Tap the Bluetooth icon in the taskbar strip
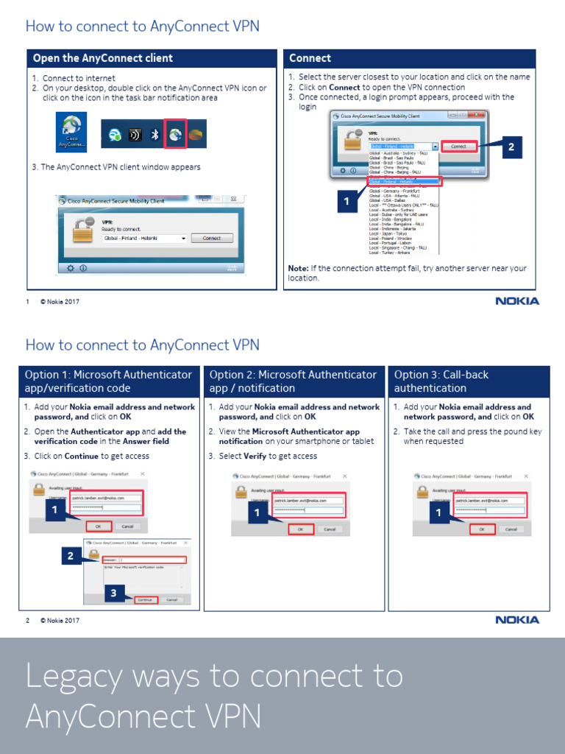[x=155, y=135]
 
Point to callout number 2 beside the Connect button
[x=511, y=147]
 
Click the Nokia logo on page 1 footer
[x=517, y=301]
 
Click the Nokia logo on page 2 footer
[x=517, y=620]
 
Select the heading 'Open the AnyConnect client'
[x=102, y=58]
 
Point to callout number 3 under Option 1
[x=113, y=593]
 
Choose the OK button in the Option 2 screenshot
[x=300, y=529]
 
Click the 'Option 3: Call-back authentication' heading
[x=441, y=381]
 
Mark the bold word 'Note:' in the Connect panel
[x=298, y=269]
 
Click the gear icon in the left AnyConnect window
[x=71, y=268]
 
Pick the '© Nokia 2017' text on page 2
[x=60, y=620]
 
